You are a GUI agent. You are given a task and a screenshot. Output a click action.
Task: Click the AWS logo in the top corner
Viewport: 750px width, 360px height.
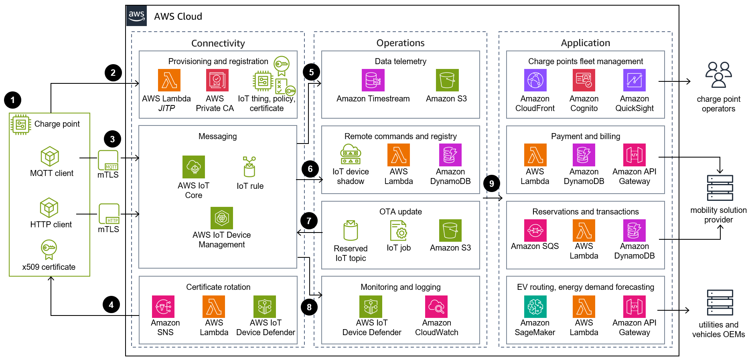(x=136, y=16)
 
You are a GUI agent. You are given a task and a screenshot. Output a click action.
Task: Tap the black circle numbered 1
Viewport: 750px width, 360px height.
(x=12, y=100)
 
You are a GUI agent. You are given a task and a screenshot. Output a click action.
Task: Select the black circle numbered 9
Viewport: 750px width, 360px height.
(x=492, y=184)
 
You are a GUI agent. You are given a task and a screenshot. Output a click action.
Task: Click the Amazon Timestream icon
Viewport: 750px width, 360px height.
(x=373, y=80)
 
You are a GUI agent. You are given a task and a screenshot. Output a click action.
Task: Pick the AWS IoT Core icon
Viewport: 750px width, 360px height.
(x=194, y=167)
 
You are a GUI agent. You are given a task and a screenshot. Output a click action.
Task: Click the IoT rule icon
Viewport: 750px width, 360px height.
(x=249, y=167)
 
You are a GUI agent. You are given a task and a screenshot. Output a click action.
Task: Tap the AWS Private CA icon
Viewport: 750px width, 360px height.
(x=217, y=80)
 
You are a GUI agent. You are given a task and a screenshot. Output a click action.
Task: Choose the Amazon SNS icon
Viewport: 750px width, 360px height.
(x=163, y=307)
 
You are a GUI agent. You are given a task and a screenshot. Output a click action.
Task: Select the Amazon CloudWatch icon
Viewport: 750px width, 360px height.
(x=436, y=307)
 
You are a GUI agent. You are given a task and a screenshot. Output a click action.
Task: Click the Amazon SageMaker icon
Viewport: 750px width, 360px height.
(x=535, y=307)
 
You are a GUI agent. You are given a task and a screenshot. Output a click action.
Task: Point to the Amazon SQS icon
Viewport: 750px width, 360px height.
(x=535, y=231)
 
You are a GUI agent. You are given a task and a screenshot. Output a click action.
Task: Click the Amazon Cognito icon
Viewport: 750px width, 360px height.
(x=584, y=80)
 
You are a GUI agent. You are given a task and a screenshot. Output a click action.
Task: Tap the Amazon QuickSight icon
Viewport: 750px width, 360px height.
(x=634, y=80)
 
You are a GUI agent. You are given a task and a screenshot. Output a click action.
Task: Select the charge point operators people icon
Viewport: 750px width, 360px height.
(x=718, y=75)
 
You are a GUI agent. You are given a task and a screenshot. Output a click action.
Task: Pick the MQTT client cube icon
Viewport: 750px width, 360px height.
(x=50, y=156)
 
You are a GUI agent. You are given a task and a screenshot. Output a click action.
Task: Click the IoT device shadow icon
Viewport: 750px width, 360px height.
(x=351, y=155)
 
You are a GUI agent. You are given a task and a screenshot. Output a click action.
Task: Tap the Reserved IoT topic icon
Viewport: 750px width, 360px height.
(x=351, y=231)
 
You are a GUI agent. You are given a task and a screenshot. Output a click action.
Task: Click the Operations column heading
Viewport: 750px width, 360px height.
(x=400, y=43)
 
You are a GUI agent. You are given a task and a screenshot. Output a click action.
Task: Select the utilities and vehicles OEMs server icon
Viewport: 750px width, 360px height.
(x=720, y=303)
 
